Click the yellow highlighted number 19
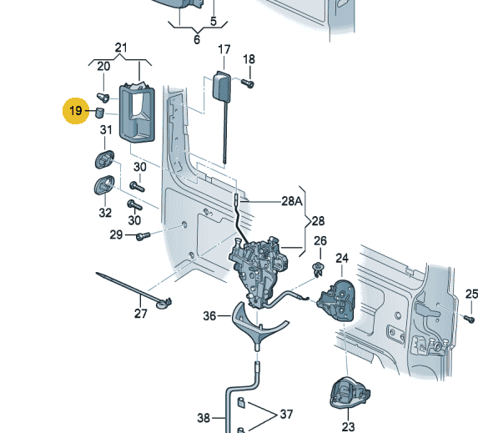pyautogui.click(x=76, y=110)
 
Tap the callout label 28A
pyautogui.click(x=292, y=201)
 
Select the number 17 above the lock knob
pyautogui.click(x=224, y=50)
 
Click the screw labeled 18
pyautogui.click(x=248, y=83)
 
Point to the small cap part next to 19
pyautogui.click(x=100, y=113)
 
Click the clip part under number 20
pyautogui.click(x=103, y=98)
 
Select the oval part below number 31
pyautogui.click(x=104, y=159)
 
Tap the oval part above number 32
pyautogui.click(x=104, y=184)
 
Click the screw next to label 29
pyautogui.click(x=143, y=236)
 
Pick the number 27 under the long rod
pyautogui.click(x=140, y=313)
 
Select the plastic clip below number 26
pyautogui.click(x=318, y=269)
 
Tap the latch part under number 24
pyautogui.click(x=336, y=300)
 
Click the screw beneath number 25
pyautogui.click(x=469, y=319)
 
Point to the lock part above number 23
pyautogui.click(x=350, y=393)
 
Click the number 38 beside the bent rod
pyautogui.click(x=204, y=417)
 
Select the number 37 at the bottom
pyautogui.click(x=286, y=414)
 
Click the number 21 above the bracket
pyautogui.click(x=121, y=48)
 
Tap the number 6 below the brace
pyautogui.click(x=197, y=39)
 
